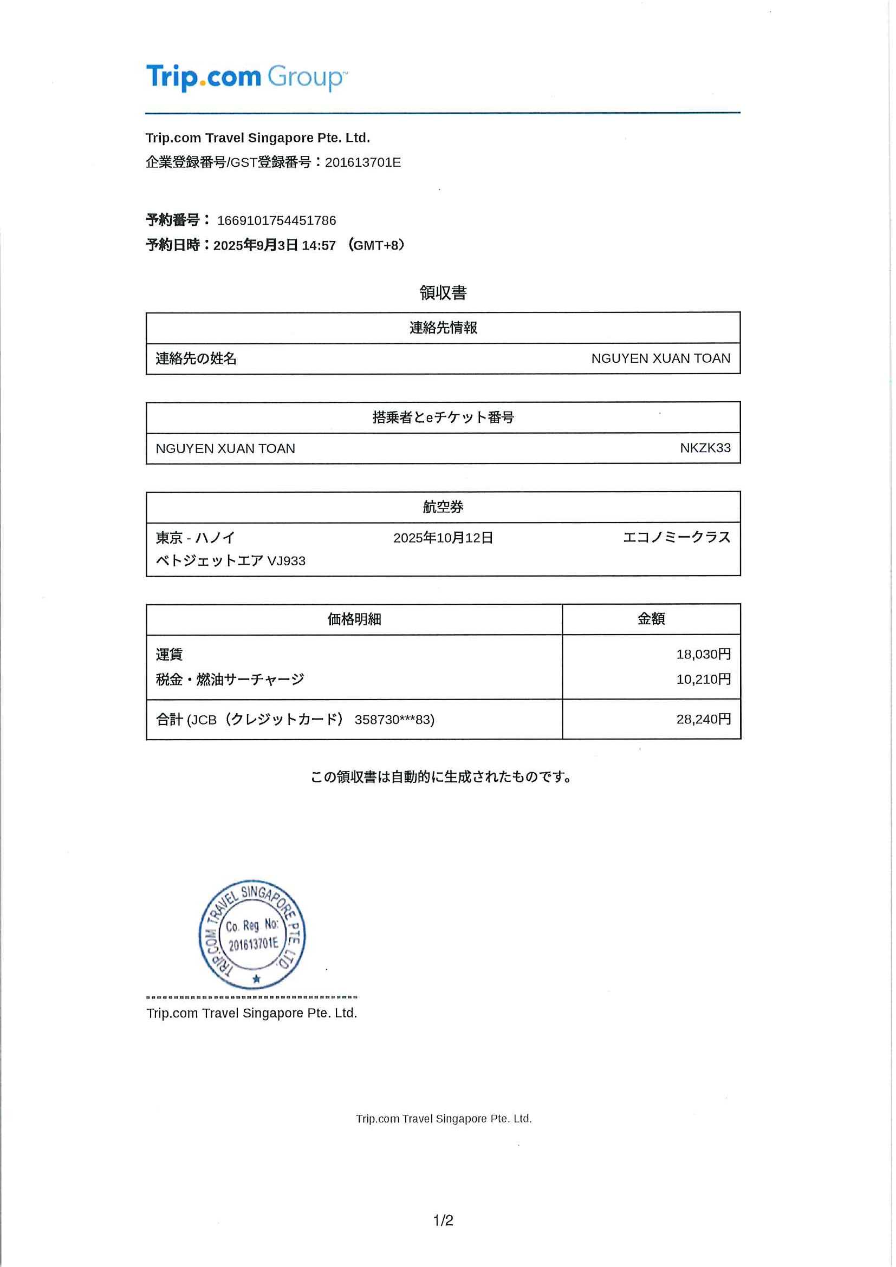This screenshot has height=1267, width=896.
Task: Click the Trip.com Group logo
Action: tap(246, 77)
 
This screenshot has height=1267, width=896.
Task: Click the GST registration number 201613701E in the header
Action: tap(363, 163)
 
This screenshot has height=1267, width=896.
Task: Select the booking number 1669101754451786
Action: tap(277, 221)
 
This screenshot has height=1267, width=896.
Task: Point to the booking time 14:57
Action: tap(319, 246)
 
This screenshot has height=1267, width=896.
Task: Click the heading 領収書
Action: tap(443, 293)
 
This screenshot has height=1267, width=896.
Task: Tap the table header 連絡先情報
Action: tap(443, 328)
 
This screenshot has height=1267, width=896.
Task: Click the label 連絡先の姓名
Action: tap(196, 358)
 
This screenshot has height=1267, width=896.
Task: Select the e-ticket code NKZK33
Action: tap(705, 448)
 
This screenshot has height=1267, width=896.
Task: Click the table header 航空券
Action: tap(443, 507)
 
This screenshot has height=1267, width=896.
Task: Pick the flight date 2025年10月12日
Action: tap(443, 538)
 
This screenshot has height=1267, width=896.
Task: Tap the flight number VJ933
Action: tap(286, 561)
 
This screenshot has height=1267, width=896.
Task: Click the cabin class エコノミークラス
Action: tap(676, 538)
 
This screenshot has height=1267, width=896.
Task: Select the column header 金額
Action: tap(651, 619)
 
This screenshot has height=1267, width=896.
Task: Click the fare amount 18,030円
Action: tap(703, 655)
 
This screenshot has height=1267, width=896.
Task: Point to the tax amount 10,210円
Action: tap(703, 680)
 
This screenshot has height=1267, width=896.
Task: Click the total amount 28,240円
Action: tap(703, 719)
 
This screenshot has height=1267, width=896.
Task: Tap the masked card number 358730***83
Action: tap(394, 720)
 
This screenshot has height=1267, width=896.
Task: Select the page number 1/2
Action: tap(443, 1220)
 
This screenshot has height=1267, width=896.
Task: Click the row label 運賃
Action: tap(169, 655)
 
